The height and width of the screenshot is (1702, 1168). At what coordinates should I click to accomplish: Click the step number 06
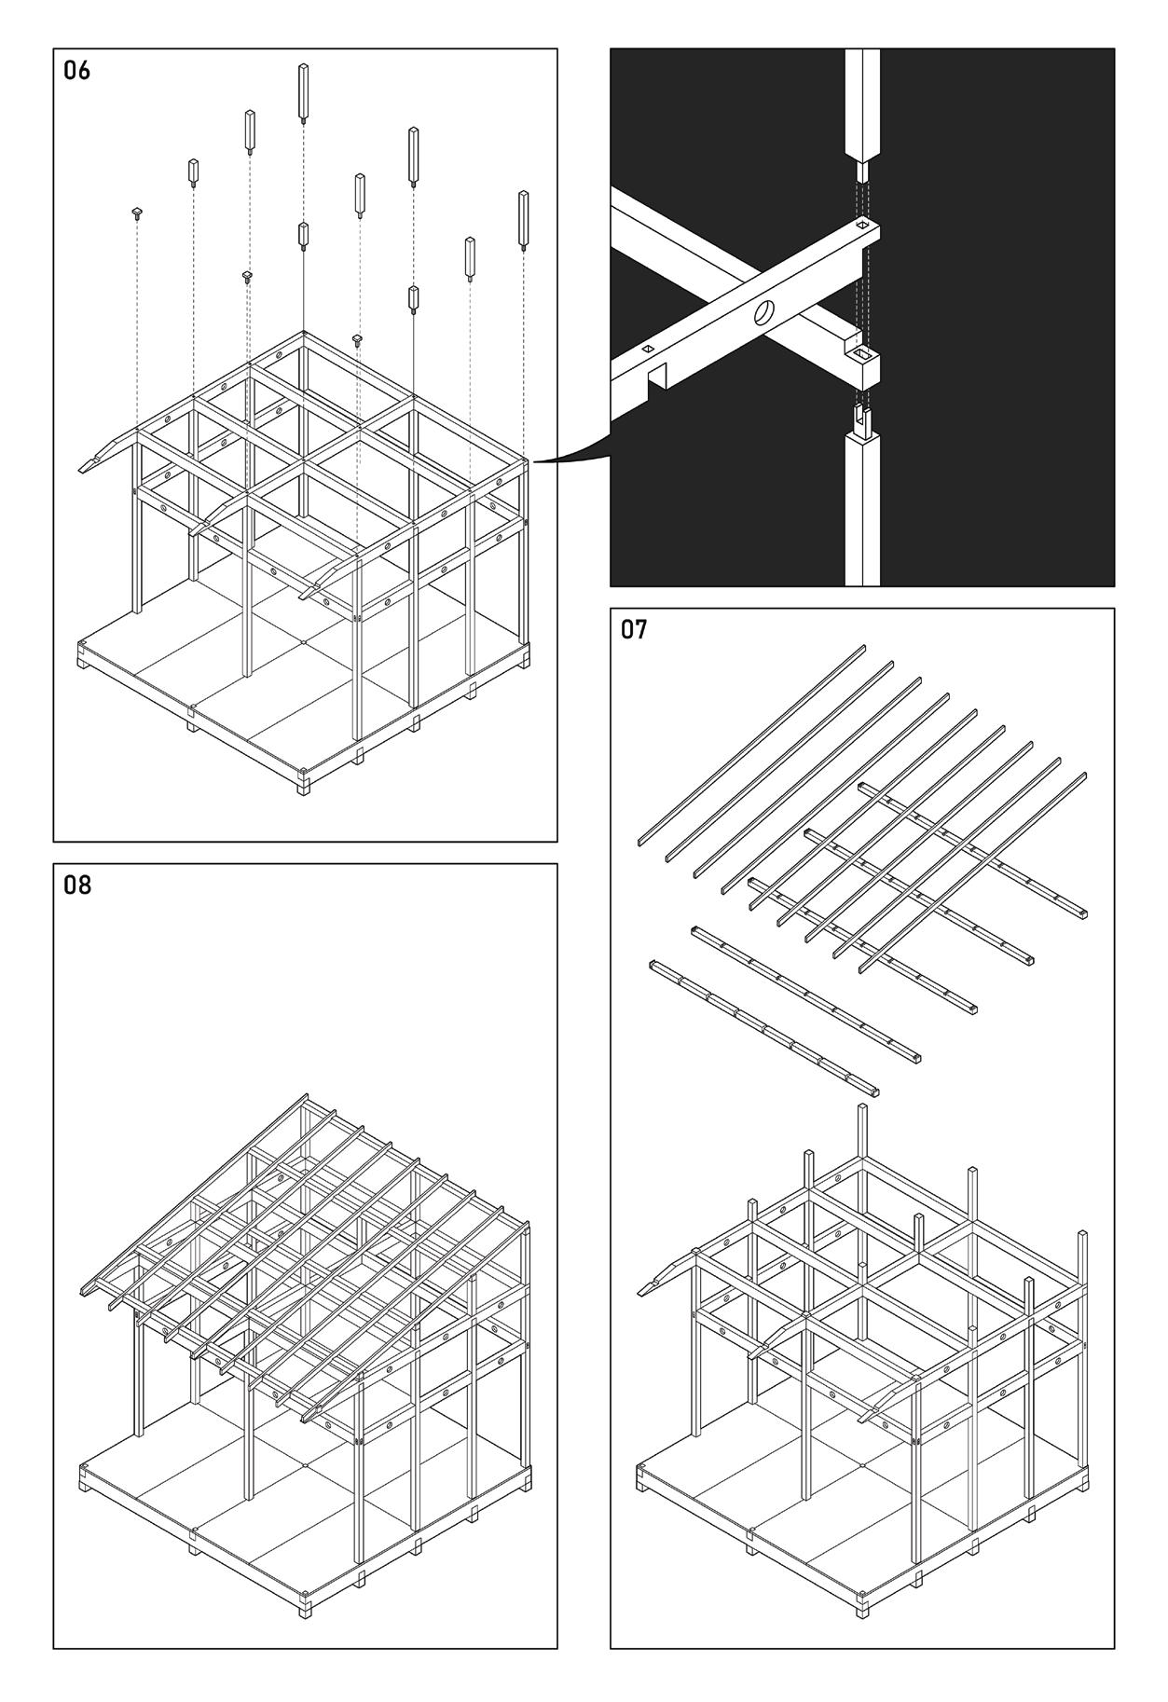[x=76, y=71]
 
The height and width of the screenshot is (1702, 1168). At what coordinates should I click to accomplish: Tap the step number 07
[x=634, y=631]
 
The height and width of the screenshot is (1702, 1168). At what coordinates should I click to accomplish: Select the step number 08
[x=76, y=885]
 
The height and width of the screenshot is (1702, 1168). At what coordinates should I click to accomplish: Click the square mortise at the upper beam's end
[x=865, y=225]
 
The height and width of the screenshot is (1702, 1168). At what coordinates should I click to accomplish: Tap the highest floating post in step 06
[x=304, y=91]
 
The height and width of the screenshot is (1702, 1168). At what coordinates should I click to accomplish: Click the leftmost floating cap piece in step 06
[x=136, y=213]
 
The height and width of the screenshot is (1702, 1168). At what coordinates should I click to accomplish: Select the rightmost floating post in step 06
[x=524, y=220]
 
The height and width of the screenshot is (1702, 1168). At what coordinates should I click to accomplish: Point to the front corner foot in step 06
[x=304, y=783]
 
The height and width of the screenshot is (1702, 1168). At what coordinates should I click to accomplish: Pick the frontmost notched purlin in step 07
[x=764, y=1027]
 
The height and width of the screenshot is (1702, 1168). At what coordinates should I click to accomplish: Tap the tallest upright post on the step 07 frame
[x=863, y=1184]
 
